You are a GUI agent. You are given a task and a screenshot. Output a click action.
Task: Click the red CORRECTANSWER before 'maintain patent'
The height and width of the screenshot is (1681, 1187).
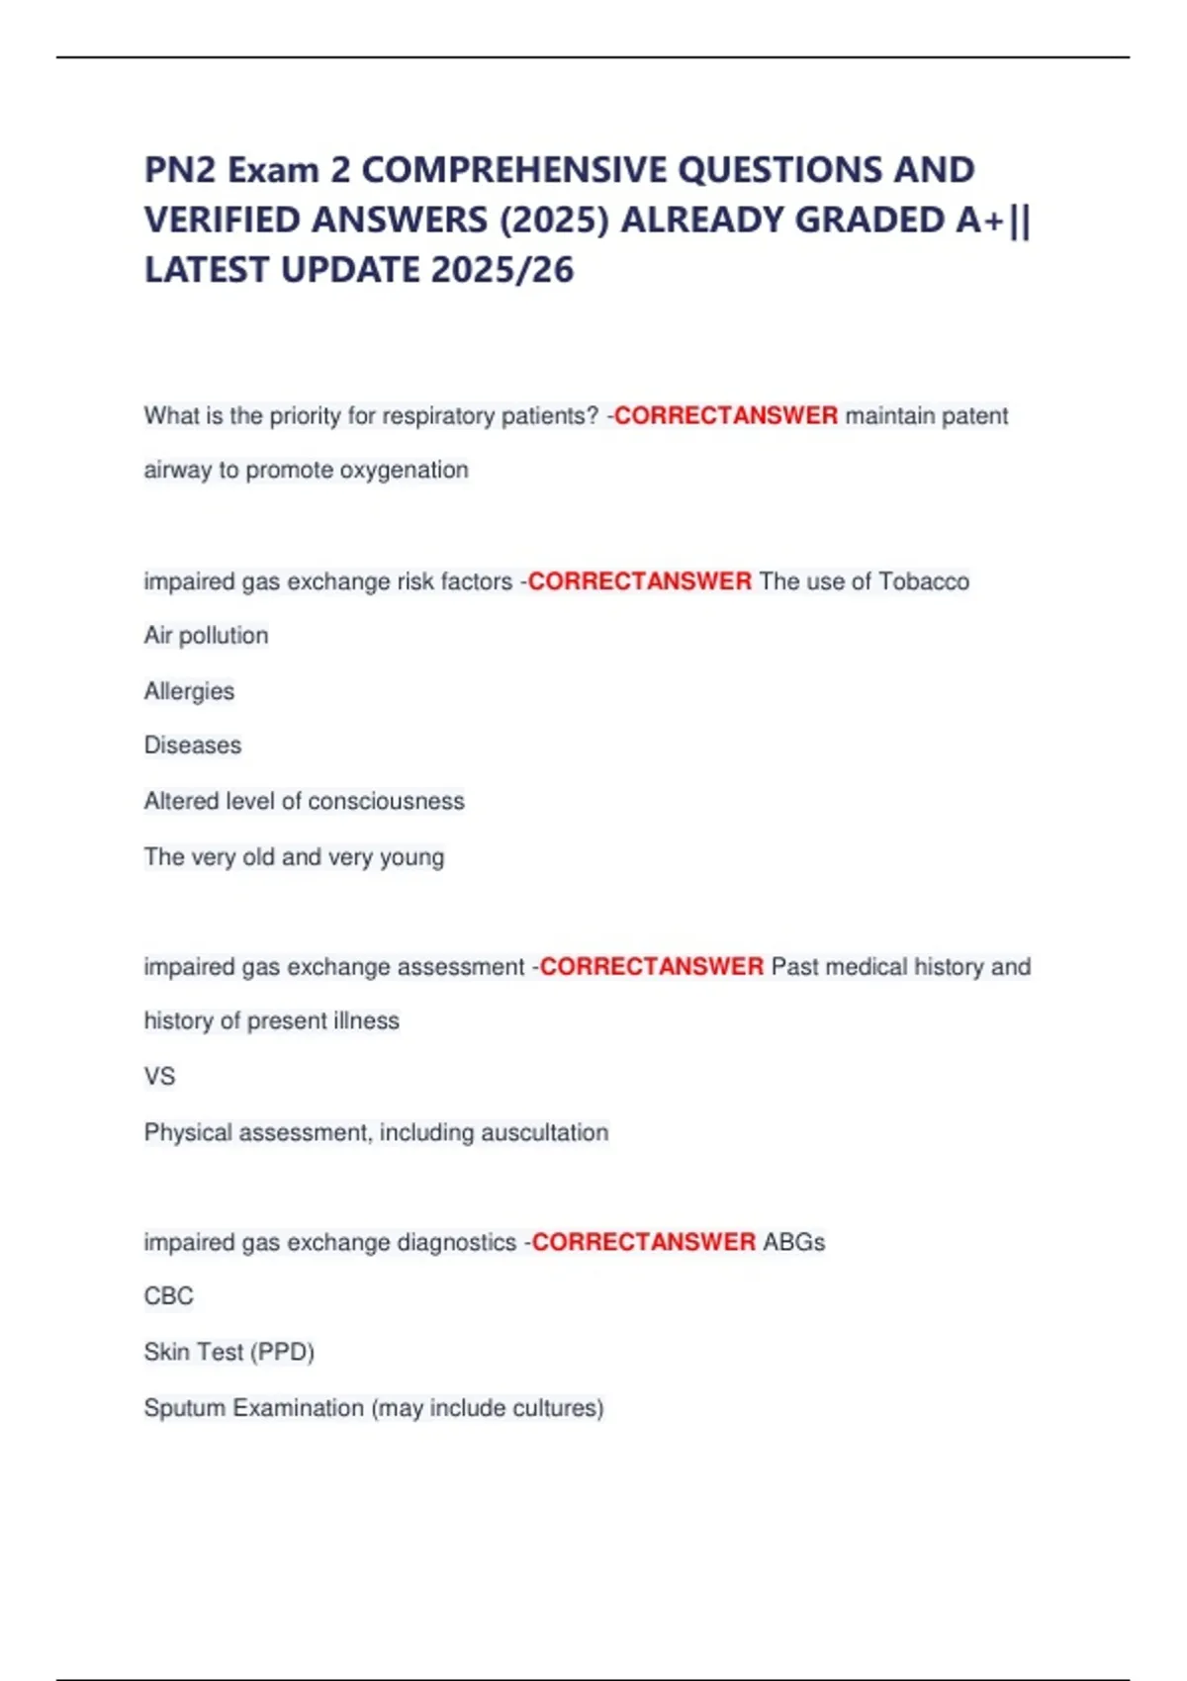(x=725, y=415)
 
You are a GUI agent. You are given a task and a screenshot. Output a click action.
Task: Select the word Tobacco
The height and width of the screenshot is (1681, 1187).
(x=924, y=581)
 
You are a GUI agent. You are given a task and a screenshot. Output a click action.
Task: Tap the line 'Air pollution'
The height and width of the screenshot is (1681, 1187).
(x=206, y=636)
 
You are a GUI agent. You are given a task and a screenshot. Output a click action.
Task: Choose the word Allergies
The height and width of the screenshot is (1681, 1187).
(x=189, y=691)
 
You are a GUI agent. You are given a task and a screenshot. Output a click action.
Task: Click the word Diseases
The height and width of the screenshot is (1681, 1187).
(x=193, y=746)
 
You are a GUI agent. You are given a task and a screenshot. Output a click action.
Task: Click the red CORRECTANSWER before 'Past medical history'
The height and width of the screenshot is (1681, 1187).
(x=651, y=966)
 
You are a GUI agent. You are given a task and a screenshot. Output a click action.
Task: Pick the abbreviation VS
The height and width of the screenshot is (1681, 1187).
(x=159, y=1076)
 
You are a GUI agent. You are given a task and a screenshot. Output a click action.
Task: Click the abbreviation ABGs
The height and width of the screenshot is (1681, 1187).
(x=793, y=1242)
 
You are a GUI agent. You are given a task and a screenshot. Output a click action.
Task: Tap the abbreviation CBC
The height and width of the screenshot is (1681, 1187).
(x=169, y=1296)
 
